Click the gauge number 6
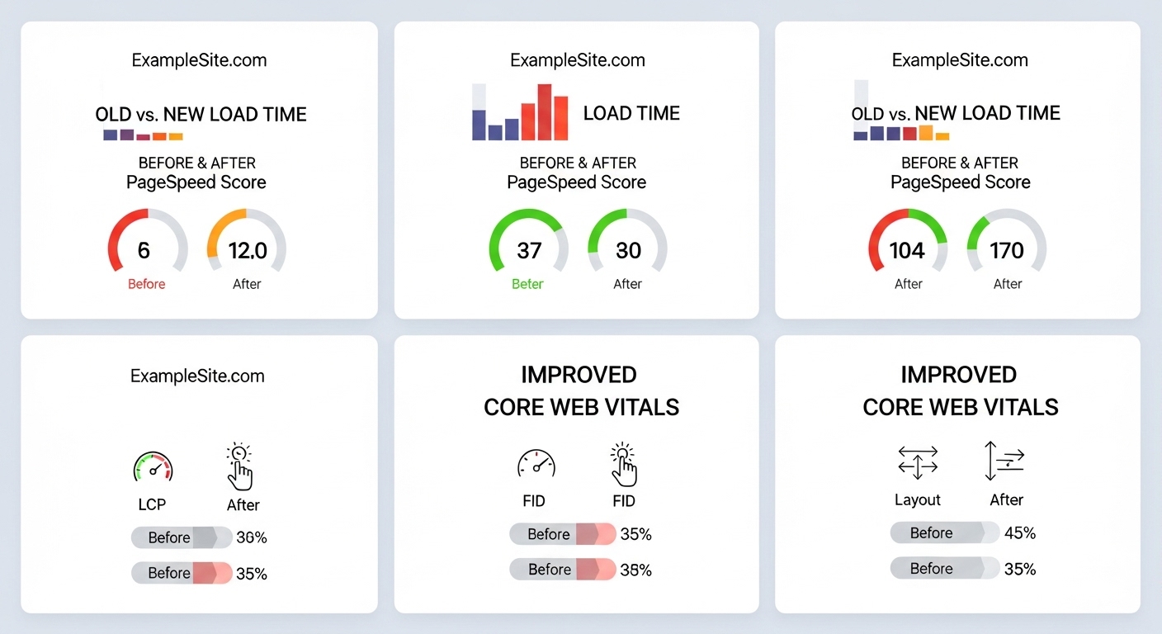point(144,251)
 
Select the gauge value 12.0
point(248,251)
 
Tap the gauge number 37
point(529,251)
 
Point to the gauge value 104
point(907,251)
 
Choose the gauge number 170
point(1006,251)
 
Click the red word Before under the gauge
point(146,284)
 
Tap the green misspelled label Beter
point(527,284)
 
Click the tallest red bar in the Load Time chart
point(544,112)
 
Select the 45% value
point(1020,532)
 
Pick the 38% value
point(635,570)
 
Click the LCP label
point(152,504)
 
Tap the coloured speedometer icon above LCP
point(153,466)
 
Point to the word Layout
point(917,499)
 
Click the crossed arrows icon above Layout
point(918,462)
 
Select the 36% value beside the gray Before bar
point(252,537)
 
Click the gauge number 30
point(628,251)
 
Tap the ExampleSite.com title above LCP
point(197,376)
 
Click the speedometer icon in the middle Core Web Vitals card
point(536,463)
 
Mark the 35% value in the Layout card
point(1020,569)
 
